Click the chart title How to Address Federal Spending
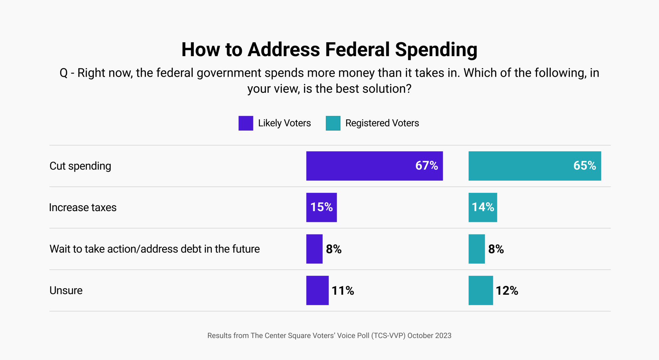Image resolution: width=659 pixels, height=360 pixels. pos(329,49)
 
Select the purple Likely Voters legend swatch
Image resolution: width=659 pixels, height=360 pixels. pos(246,123)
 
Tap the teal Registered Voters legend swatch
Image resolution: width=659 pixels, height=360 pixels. pos(333,123)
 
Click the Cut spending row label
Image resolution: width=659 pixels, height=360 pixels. pos(80,166)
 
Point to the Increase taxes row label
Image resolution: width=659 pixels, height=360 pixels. pos(83,207)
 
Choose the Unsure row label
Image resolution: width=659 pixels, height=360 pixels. pos(66,290)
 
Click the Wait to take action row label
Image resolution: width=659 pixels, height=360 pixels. pos(155,249)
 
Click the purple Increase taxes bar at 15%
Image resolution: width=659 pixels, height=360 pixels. pos(321,207)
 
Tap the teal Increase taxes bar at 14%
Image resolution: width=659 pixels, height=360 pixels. pos(483,207)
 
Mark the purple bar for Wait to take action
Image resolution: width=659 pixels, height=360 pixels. pos(314,249)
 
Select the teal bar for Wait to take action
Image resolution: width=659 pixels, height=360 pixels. pos(476,249)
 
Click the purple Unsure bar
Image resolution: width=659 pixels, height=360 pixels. pos(317,290)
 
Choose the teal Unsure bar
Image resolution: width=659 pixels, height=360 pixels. pos(480,290)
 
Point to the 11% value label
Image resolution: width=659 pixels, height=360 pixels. pos(343,291)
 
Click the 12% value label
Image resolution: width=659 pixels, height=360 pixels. pos(507,291)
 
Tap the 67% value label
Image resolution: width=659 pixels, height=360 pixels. pos(427,166)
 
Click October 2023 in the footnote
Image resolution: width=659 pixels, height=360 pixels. pos(429,336)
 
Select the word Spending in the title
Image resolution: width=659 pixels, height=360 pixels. pos(436,49)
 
